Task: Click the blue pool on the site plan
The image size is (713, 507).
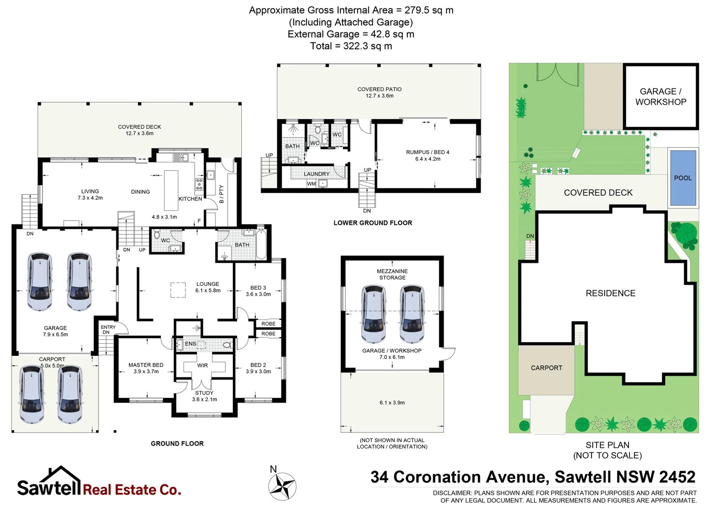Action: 682,178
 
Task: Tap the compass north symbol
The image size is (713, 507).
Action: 282,486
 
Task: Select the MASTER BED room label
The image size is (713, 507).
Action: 146,365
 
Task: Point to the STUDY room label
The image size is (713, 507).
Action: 204,393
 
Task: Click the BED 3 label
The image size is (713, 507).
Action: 258,288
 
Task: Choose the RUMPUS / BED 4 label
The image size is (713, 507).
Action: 428,152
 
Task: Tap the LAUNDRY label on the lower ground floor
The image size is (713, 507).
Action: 316,174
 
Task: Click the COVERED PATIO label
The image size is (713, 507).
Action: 379,89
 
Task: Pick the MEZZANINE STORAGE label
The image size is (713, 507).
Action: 392,274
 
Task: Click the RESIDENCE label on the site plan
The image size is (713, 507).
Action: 610,293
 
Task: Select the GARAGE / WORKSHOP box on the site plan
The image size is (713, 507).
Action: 660,97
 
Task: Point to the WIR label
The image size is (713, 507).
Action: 202,365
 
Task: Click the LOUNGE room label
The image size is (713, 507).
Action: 208,284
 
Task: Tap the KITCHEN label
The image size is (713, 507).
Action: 190,199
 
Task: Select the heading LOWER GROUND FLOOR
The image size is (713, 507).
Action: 373,223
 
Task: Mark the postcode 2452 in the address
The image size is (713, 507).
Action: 677,477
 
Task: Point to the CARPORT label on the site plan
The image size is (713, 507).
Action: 546,368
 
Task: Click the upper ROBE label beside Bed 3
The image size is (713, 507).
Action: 268,324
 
